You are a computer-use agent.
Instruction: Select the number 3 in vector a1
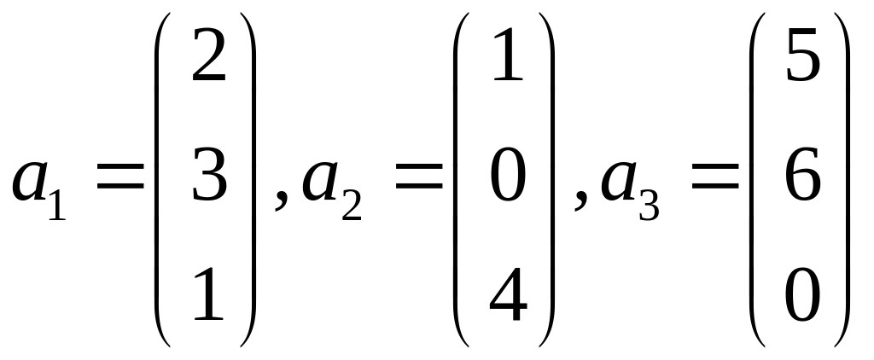208,179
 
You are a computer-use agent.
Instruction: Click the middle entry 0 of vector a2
507,179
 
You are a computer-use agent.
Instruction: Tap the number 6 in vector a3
802,179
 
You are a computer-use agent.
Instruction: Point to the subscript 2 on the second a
350,207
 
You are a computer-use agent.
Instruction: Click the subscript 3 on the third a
648,207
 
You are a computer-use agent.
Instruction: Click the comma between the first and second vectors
280,205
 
